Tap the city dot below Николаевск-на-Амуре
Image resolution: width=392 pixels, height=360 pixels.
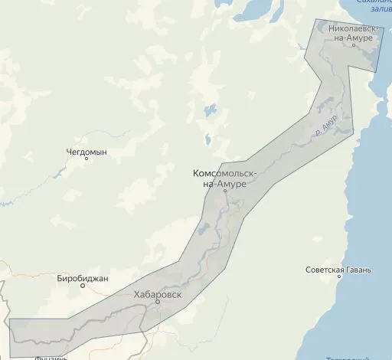(353, 45)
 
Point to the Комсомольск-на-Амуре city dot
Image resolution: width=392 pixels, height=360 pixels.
(225, 191)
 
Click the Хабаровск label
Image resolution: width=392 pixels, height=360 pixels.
(157, 293)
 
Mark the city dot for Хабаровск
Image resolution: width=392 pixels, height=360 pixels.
(158, 302)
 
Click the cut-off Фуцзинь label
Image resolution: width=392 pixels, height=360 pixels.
(53, 357)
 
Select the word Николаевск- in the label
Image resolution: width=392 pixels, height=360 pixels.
(351, 28)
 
